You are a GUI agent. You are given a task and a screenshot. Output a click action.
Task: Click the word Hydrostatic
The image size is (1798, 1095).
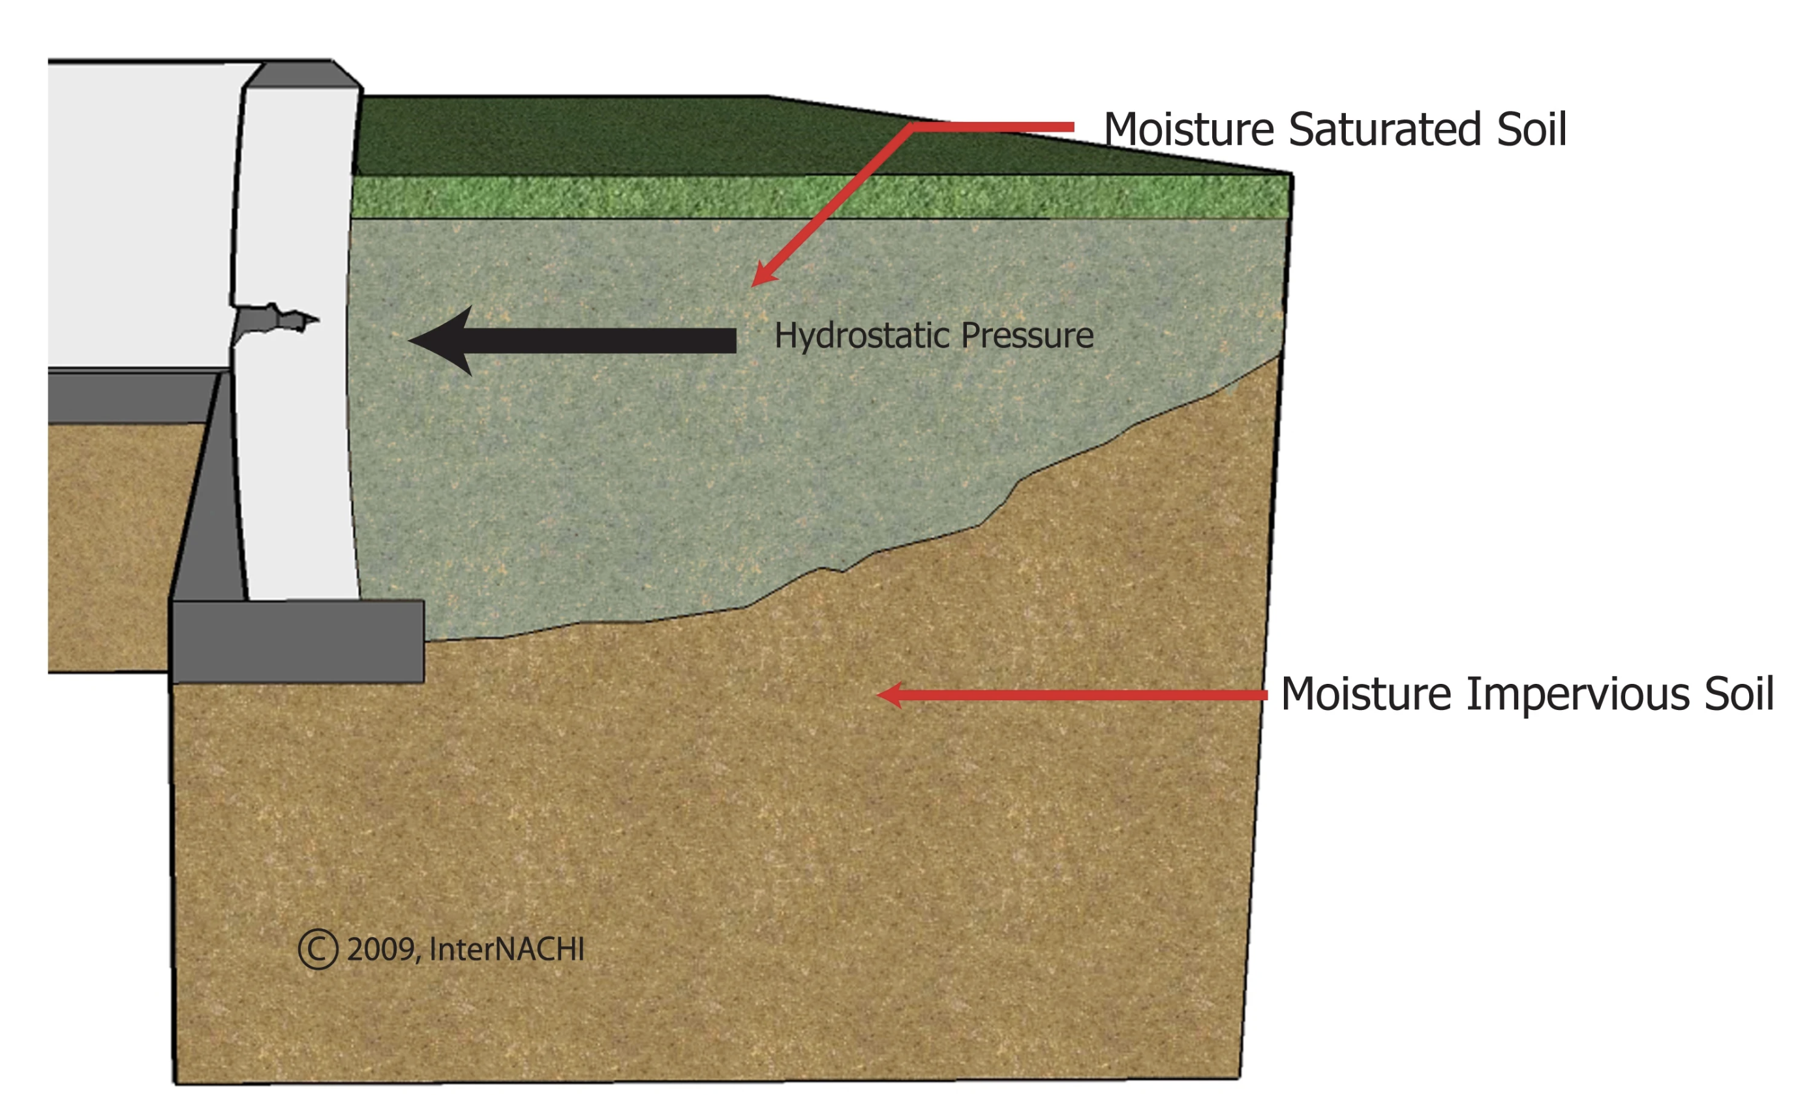(x=861, y=336)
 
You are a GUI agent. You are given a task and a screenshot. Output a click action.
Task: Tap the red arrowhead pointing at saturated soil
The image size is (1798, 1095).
(x=763, y=275)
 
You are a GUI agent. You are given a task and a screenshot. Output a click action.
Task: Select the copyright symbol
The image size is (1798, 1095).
(x=318, y=949)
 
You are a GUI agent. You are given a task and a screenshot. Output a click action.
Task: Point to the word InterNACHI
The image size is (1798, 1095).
(x=507, y=949)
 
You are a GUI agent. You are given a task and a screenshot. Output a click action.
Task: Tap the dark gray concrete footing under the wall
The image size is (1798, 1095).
(x=297, y=641)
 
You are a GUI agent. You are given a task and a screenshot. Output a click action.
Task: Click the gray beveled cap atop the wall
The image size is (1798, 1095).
(x=301, y=74)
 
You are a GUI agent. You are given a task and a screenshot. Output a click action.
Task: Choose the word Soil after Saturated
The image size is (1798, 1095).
(x=1532, y=130)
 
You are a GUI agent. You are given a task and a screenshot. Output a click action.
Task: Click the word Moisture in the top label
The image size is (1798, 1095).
(x=1189, y=130)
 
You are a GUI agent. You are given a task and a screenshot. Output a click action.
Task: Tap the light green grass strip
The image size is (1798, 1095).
(x=817, y=196)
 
